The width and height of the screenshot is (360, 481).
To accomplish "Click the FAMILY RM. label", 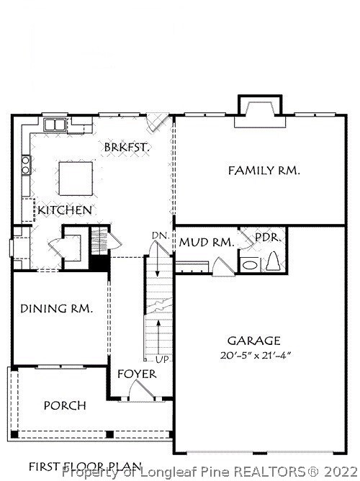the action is pos(264,171).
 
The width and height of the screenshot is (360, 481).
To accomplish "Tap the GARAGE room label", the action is pos(254,341).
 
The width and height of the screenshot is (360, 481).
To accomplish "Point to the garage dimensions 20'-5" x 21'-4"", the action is pos(255,356).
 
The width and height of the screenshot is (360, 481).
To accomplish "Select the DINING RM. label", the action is pos(56,309).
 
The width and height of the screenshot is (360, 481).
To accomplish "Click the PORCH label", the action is pos(65,405).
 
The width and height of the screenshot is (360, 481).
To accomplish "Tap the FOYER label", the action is pos(137,374).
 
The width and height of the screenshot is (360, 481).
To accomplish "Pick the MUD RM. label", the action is pos(207,243).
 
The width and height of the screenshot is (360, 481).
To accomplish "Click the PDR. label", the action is pos(268,238).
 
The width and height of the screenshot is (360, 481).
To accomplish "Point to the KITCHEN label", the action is pos(65,210).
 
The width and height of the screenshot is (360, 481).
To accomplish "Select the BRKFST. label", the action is pos(127,147).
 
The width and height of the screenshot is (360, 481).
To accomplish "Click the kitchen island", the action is pos(76,179).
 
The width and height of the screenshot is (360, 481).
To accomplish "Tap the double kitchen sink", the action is pos(55,125).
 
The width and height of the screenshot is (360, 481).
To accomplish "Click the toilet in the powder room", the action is pos(273,261).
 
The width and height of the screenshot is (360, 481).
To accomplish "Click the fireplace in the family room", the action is pos(260,112).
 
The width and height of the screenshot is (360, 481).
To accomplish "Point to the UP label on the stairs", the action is pos(162,359).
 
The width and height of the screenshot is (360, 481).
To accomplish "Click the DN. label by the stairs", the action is pos(161,236).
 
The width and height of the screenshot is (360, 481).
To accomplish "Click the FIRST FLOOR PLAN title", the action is pos(85,467).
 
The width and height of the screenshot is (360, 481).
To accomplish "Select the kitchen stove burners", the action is pos(26,165).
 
